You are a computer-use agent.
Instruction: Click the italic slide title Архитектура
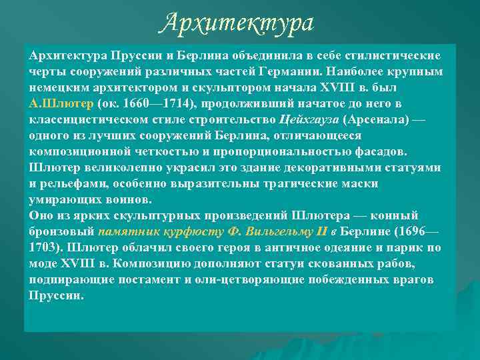237,23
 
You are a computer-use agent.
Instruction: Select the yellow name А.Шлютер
61,104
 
